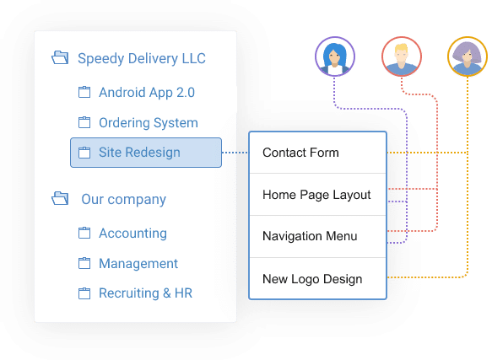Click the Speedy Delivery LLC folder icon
coord(60,57)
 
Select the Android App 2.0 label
coord(147,93)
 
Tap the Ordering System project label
coord(149,122)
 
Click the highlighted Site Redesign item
coord(146,153)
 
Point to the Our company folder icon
coord(60,198)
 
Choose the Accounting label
coord(132,234)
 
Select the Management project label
coord(138,263)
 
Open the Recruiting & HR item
coord(145,293)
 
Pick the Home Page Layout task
coord(317,195)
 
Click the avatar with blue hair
coord(335,56)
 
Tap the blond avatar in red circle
coord(402,56)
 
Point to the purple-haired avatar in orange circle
coord(468,56)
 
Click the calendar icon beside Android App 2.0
coord(84,92)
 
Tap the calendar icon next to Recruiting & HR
coord(84,293)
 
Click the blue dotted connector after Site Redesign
coord(235,153)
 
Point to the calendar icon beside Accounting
coord(84,233)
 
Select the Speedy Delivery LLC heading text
coord(142,58)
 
